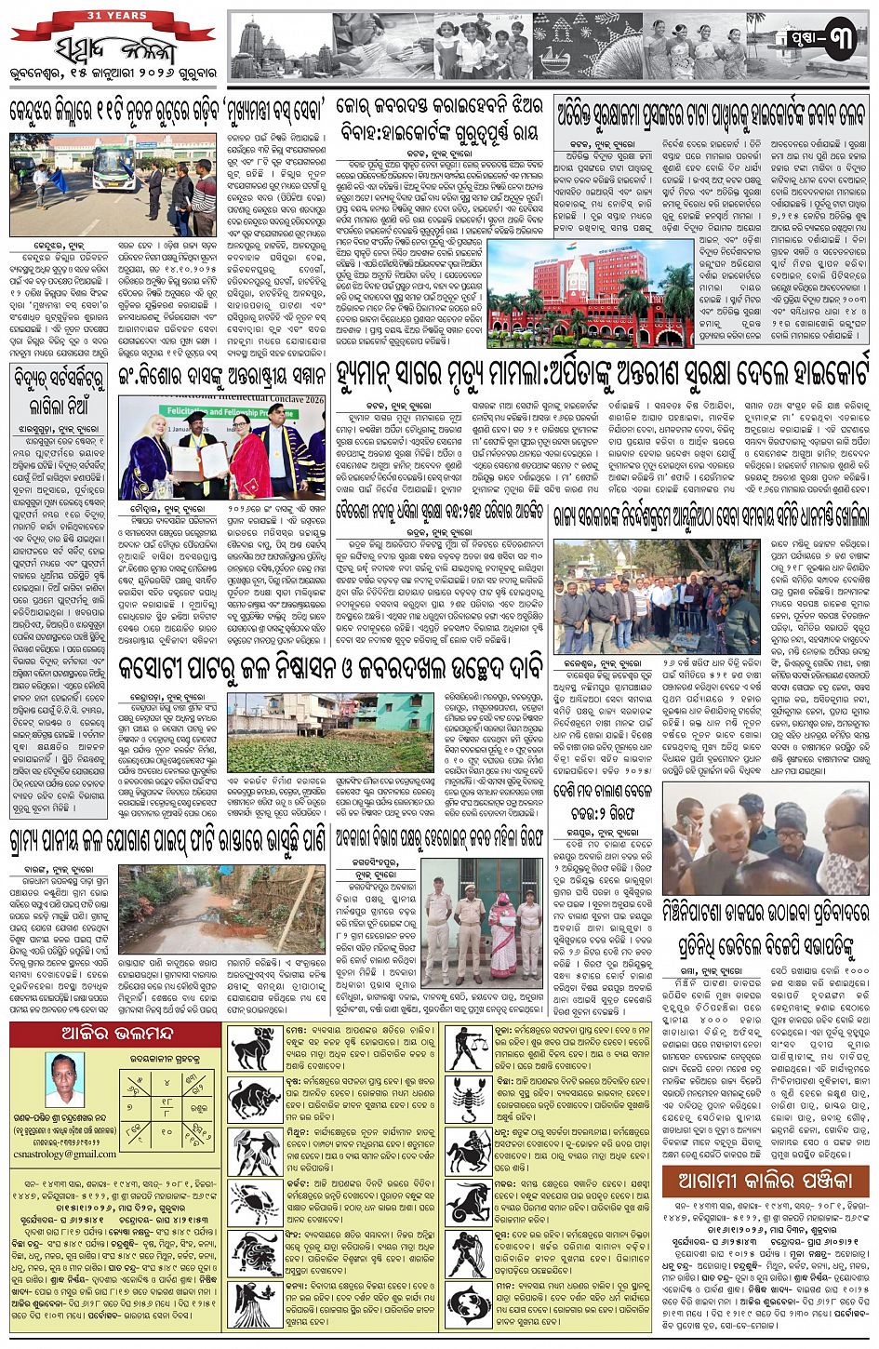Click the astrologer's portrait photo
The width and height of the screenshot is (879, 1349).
point(64,1079)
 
